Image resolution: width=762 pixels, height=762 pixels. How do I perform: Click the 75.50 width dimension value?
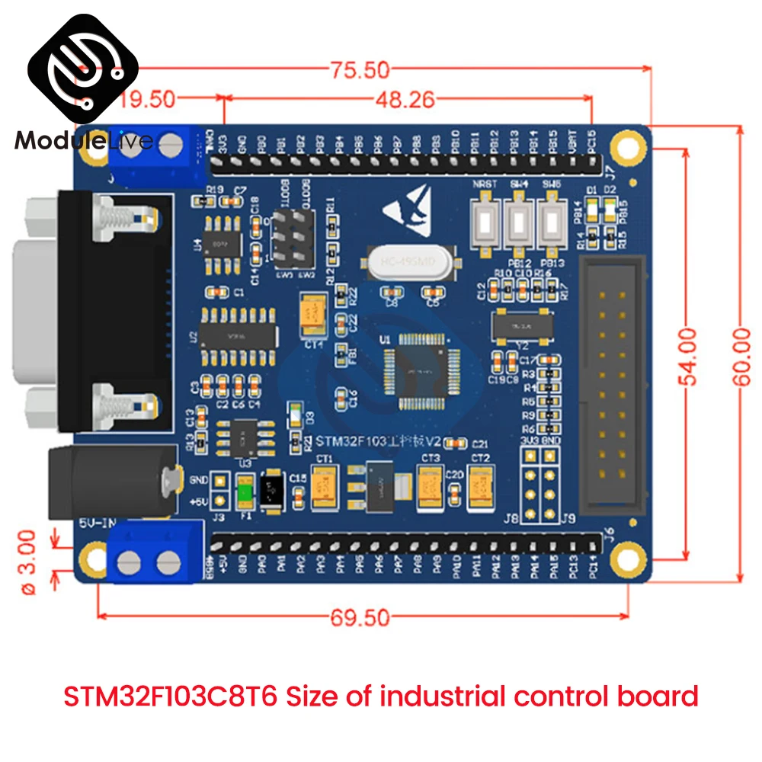[360, 70]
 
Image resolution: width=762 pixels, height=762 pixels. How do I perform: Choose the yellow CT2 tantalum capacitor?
[481, 485]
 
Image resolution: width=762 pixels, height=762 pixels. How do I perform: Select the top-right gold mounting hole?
[629, 153]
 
